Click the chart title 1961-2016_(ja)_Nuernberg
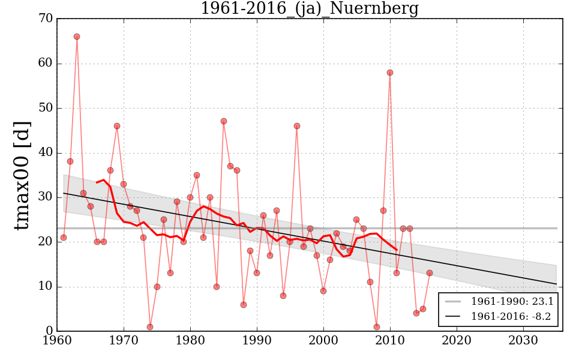pos(309,8)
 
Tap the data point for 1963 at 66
pos(77,37)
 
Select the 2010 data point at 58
pos(390,73)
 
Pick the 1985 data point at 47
pos(224,121)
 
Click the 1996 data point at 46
pos(297,126)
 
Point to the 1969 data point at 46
pos(117,126)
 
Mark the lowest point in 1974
pos(150,327)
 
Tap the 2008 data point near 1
pos(377,327)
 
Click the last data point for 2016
pos(430,273)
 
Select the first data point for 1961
pos(64,238)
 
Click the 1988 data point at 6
pos(244,305)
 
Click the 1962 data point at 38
pos(70,161)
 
